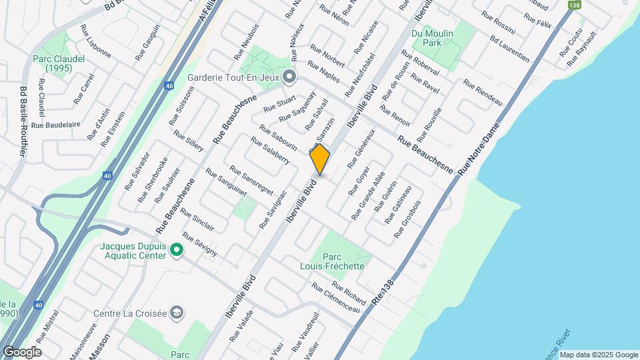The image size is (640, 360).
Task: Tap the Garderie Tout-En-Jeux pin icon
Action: tap(289, 76)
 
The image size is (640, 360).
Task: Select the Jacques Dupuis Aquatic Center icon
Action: tap(177, 251)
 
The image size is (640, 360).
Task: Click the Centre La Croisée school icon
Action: tap(177, 312)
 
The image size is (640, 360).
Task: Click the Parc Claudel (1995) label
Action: tap(59, 63)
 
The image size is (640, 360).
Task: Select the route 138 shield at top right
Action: tap(573, 5)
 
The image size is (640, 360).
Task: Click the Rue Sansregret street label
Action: tap(251, 179)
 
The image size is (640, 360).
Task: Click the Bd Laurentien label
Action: tap(509, 49)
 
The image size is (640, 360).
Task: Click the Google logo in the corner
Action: tap(22, 351)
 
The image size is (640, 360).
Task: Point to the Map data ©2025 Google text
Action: tap(598, 355)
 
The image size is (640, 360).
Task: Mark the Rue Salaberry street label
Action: tap(269, 149)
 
